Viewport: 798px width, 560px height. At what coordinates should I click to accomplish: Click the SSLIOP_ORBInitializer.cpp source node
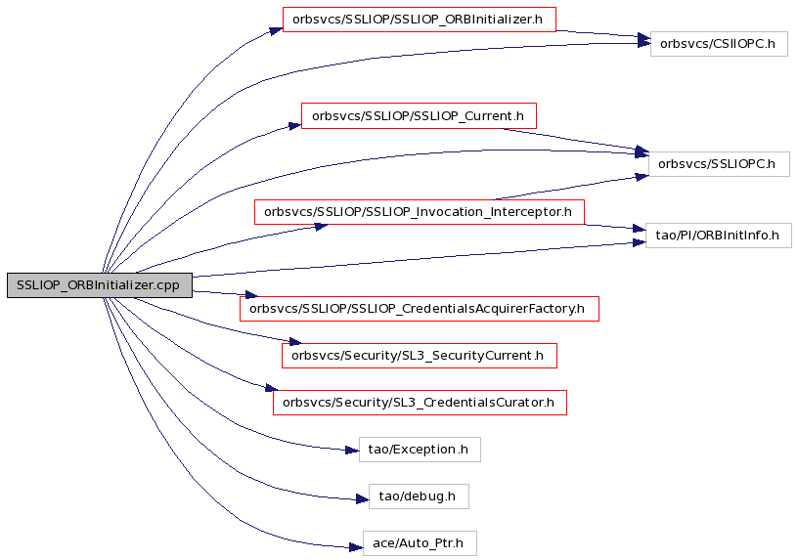coord(100,285)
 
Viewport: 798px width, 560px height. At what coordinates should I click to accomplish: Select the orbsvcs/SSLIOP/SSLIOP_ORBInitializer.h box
coord(419,20)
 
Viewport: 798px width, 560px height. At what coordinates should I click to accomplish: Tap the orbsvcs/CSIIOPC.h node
coord(719,44)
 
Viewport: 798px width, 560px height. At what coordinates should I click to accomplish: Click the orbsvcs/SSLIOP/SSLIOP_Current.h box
coord(419,116)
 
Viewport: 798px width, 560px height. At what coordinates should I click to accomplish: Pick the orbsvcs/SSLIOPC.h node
coord(719,164)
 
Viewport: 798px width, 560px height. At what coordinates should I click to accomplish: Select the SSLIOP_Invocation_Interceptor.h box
coord(419,212)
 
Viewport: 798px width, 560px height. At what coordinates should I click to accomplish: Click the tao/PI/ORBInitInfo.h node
coord(718,236)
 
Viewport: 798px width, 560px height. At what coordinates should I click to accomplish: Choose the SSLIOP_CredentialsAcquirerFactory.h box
coord(420,309)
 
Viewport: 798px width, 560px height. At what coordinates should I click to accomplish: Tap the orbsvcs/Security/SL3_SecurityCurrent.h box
coord(420,356)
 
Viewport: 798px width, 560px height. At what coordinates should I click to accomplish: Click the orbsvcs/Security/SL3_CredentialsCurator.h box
coord(420,403)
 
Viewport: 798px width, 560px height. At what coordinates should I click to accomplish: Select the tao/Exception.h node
coord(420,450)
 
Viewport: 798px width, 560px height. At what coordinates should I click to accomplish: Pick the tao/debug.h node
coord(419,496)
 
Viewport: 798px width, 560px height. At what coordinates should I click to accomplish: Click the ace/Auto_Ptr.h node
coord(420,543)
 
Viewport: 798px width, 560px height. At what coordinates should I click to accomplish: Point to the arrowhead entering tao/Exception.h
coord(353,451)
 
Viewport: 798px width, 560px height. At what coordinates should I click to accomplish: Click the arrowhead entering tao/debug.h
coord(363,499)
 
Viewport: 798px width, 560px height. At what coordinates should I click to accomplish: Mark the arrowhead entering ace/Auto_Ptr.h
coord(356,547)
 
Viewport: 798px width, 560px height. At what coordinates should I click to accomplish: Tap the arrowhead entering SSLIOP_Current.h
coord(295,125)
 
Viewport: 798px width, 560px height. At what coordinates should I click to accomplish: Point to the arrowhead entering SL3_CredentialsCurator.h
coord(272,388)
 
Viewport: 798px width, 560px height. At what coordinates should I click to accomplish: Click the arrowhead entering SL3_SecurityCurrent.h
coord(295,341)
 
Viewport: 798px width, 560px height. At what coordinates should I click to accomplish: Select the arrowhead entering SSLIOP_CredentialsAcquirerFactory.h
coord(251,294)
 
